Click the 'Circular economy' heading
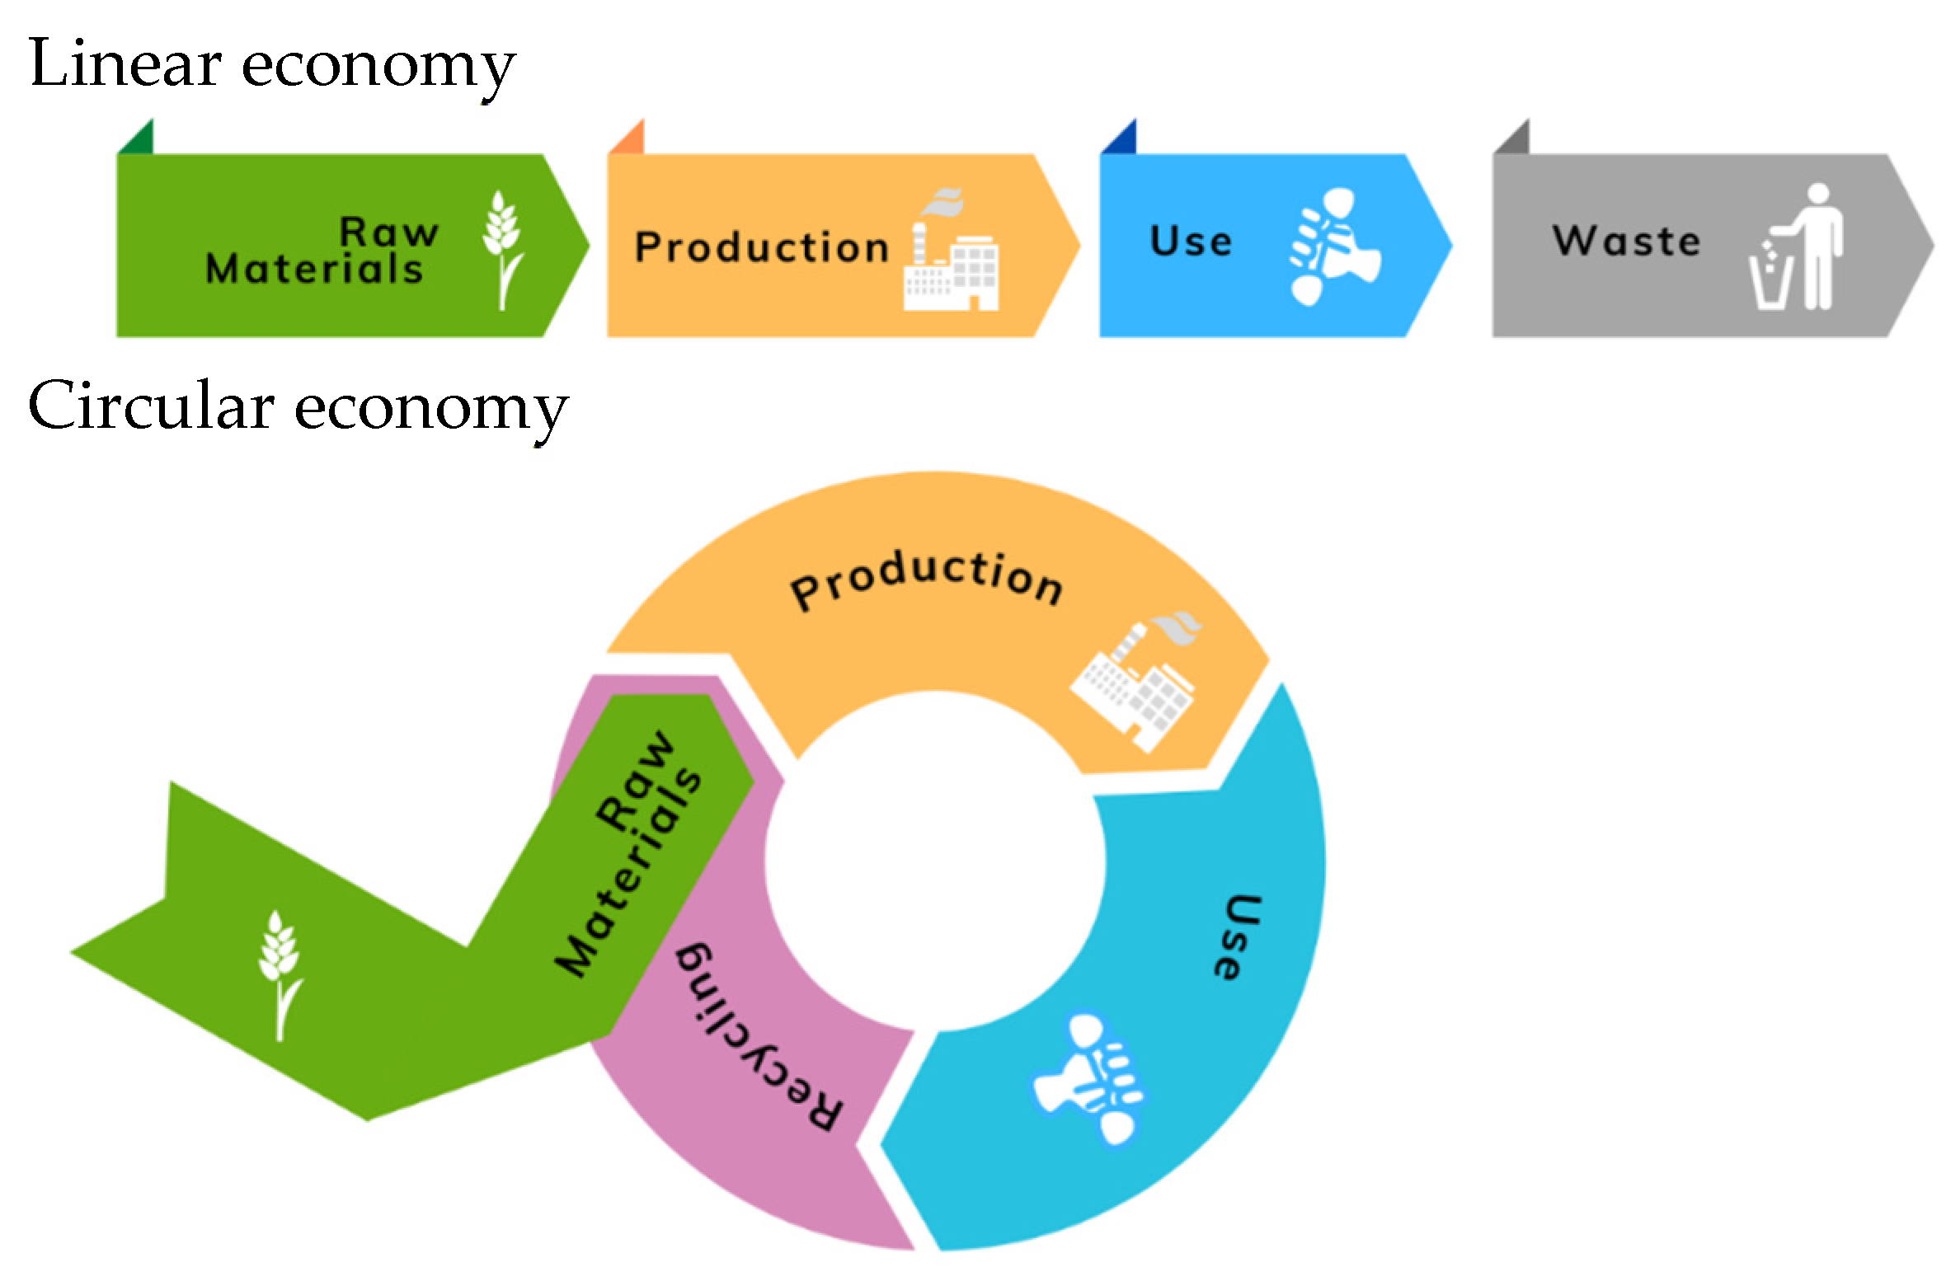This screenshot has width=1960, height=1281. click(298, 409)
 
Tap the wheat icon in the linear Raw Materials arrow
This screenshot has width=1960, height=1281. click(503, 251)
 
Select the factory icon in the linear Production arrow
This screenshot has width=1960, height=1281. click(952, 251)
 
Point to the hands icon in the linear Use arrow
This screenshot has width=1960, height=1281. click(1335, 246)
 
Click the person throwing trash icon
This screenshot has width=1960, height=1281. click(1797, 247)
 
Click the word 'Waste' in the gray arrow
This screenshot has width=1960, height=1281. click(1627, 242)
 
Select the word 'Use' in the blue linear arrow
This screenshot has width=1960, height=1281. click(1191, 242)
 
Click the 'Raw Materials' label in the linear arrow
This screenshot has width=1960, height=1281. click(322, 251)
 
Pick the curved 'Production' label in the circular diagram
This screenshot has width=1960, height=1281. click(927, 581)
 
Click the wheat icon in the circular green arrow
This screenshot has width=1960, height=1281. click(280, 975)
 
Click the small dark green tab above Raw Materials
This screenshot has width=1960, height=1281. click(135, 137)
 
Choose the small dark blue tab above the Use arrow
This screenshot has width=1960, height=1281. click(1118, 137)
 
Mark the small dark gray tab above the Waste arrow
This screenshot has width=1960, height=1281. click(1511, 137)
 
